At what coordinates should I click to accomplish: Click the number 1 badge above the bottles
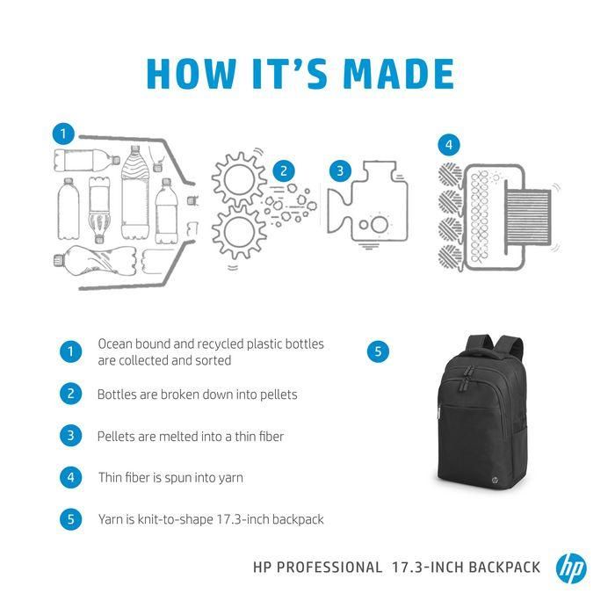point(61,134)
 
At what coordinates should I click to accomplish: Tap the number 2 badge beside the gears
point(283,170)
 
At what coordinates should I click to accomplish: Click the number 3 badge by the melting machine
point(339,170)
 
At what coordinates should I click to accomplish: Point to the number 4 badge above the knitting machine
point(449,145)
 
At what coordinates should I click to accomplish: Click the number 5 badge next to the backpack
point(377,351)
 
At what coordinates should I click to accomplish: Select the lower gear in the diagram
point(239,232)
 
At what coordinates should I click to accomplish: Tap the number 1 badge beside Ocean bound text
point(71,352)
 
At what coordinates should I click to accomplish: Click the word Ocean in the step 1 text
point(115,344)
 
